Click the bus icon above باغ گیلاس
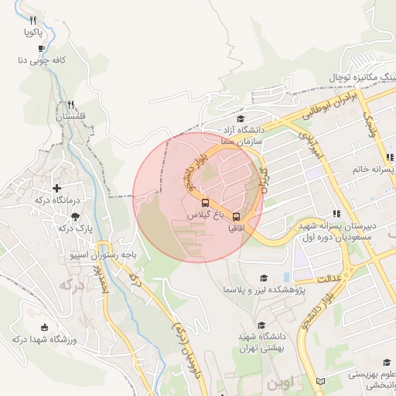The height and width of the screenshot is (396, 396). tap(205, 203)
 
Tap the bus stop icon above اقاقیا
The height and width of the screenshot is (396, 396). tap(237, 217)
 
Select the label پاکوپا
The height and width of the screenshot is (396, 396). tap(33, 32)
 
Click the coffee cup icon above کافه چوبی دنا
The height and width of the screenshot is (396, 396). tap(41, 48)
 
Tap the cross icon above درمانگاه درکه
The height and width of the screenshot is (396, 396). tap(56, 188)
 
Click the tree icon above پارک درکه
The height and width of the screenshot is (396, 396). tap(75, 217)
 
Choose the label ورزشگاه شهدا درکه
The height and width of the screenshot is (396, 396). tap(43, 340)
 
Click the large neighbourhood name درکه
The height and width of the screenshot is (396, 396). tap(70, 285)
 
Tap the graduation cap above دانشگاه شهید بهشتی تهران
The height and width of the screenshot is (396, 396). tap(261, 326)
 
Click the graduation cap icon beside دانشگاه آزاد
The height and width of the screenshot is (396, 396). tap(241, 119)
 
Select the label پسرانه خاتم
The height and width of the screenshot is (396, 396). tap(374, 169)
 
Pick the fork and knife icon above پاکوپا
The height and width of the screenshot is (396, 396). tap(32, 20)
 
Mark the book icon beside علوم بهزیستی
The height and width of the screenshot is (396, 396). tap(321, 381)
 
